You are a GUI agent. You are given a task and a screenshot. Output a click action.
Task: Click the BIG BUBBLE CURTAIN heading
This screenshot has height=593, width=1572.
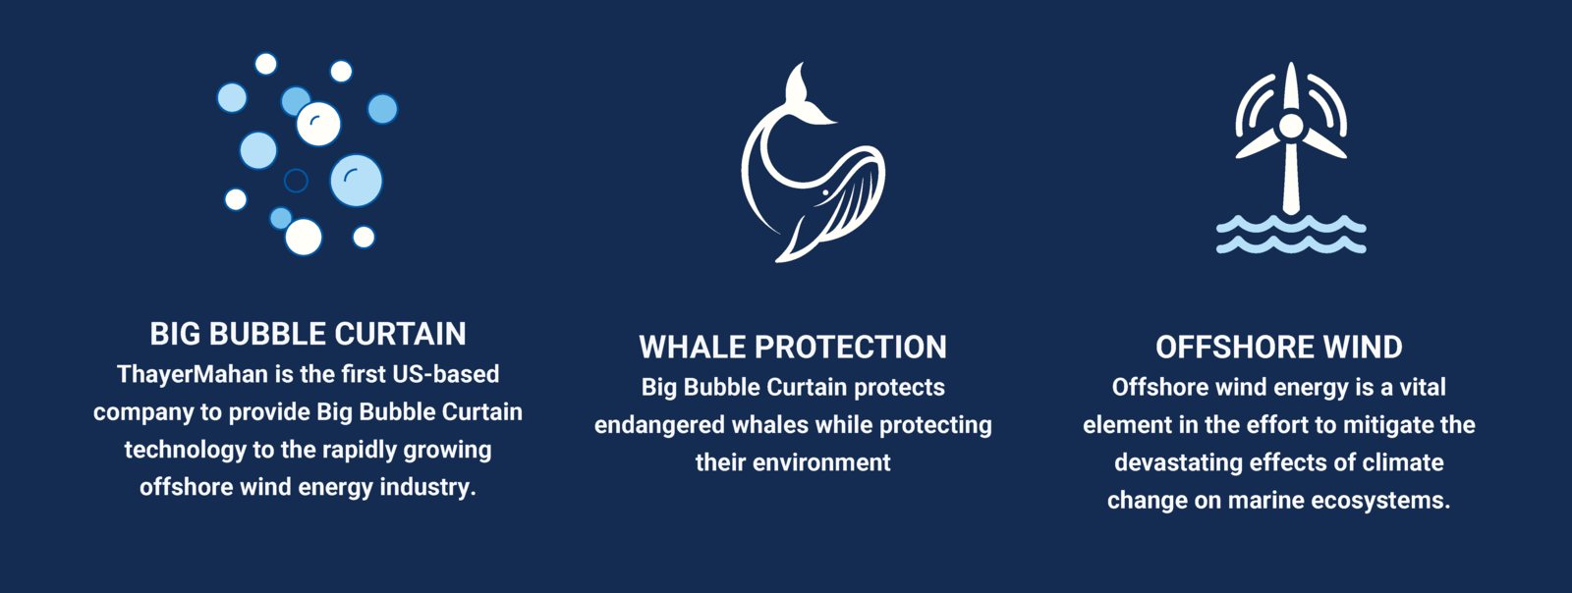(309, 334)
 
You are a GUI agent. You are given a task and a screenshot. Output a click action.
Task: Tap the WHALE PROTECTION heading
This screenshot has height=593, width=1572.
(793, 347)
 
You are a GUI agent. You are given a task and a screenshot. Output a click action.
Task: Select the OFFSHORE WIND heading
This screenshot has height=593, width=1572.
(1278, 347)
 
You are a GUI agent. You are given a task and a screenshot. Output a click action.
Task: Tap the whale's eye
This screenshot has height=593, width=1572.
(825, 192)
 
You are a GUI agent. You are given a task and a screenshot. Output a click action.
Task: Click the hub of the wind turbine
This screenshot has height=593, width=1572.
(1291, 127)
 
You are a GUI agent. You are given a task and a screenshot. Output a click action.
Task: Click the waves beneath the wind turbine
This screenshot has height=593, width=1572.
(1291, 234)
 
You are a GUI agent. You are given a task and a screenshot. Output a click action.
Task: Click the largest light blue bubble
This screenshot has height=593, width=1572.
(357, 181)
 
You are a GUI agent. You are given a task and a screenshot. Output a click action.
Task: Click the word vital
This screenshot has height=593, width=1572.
(1423, 388)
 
